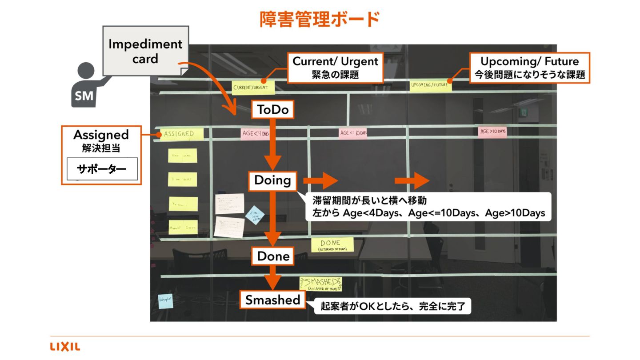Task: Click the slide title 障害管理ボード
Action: click(320, 20)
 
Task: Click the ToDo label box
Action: click(273, 110)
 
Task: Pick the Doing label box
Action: click(272, 180)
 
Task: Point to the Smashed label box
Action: click(273, 300)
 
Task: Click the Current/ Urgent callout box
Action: click(335, 68)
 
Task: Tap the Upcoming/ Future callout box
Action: click(529, 68)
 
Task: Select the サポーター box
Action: click(102, 169)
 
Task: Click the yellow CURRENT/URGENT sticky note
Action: click(253, 88)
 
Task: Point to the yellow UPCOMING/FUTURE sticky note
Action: click(430, 84)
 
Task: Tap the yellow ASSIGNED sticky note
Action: click(180, 134)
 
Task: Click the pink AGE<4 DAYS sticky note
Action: click(255, 133)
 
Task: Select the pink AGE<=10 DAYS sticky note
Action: click(353, 132)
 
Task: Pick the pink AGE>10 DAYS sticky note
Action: click(493, 132)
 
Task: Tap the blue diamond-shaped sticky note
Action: click(255, 215)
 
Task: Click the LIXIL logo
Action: click(65, 347)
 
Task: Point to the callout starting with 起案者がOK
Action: click(392, 307)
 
